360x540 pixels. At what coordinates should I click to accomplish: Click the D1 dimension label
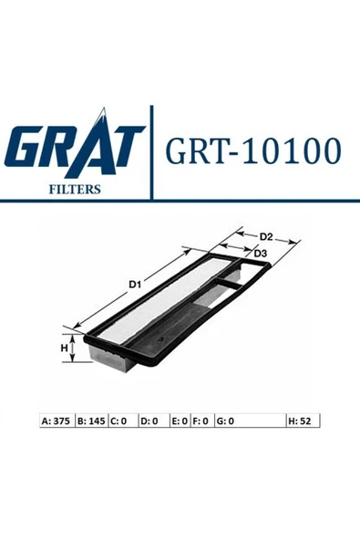pyautogui.click(x=135, y=285)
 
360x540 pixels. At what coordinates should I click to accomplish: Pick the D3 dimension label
pyautogui.click(x=260, y=253)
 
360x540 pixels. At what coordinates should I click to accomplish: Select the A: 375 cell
pyautogui.click(x=57, y=421)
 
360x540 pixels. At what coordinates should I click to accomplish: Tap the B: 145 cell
pyautogui.click(x=91, y=421)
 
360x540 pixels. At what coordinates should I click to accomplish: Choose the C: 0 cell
pyautogui.click(x=119, y=421)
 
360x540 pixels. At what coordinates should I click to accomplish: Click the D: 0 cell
pyautogui.click(x=149, y=421)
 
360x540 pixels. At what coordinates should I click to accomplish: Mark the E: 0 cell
pyautogui.click(x=179, y=421)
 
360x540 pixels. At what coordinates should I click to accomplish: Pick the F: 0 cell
pyautogui.click(x=200, y=421)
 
